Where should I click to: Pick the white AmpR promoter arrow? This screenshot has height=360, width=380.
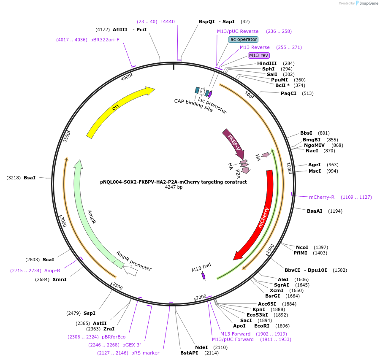(x=130, y=271)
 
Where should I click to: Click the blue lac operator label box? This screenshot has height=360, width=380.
(x=243, y=39)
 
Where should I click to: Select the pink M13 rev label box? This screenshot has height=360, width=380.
(x=259, y=55)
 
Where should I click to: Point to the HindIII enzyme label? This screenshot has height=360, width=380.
(x=267, y=63)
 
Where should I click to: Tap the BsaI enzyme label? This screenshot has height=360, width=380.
(x=30, y=178)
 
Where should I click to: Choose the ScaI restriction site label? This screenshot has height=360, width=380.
(x=49, y=260)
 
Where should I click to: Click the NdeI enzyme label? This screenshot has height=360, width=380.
(x=201, y=347)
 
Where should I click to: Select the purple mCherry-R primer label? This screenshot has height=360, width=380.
(x=322, y=197)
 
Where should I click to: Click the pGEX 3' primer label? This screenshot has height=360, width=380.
(x=132, y=345)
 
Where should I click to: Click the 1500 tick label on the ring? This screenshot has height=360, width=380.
(x=270, y=249)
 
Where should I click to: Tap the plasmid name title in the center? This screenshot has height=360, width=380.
(x=174, y=182)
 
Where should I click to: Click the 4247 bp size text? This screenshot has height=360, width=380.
(x=174, y=187)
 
